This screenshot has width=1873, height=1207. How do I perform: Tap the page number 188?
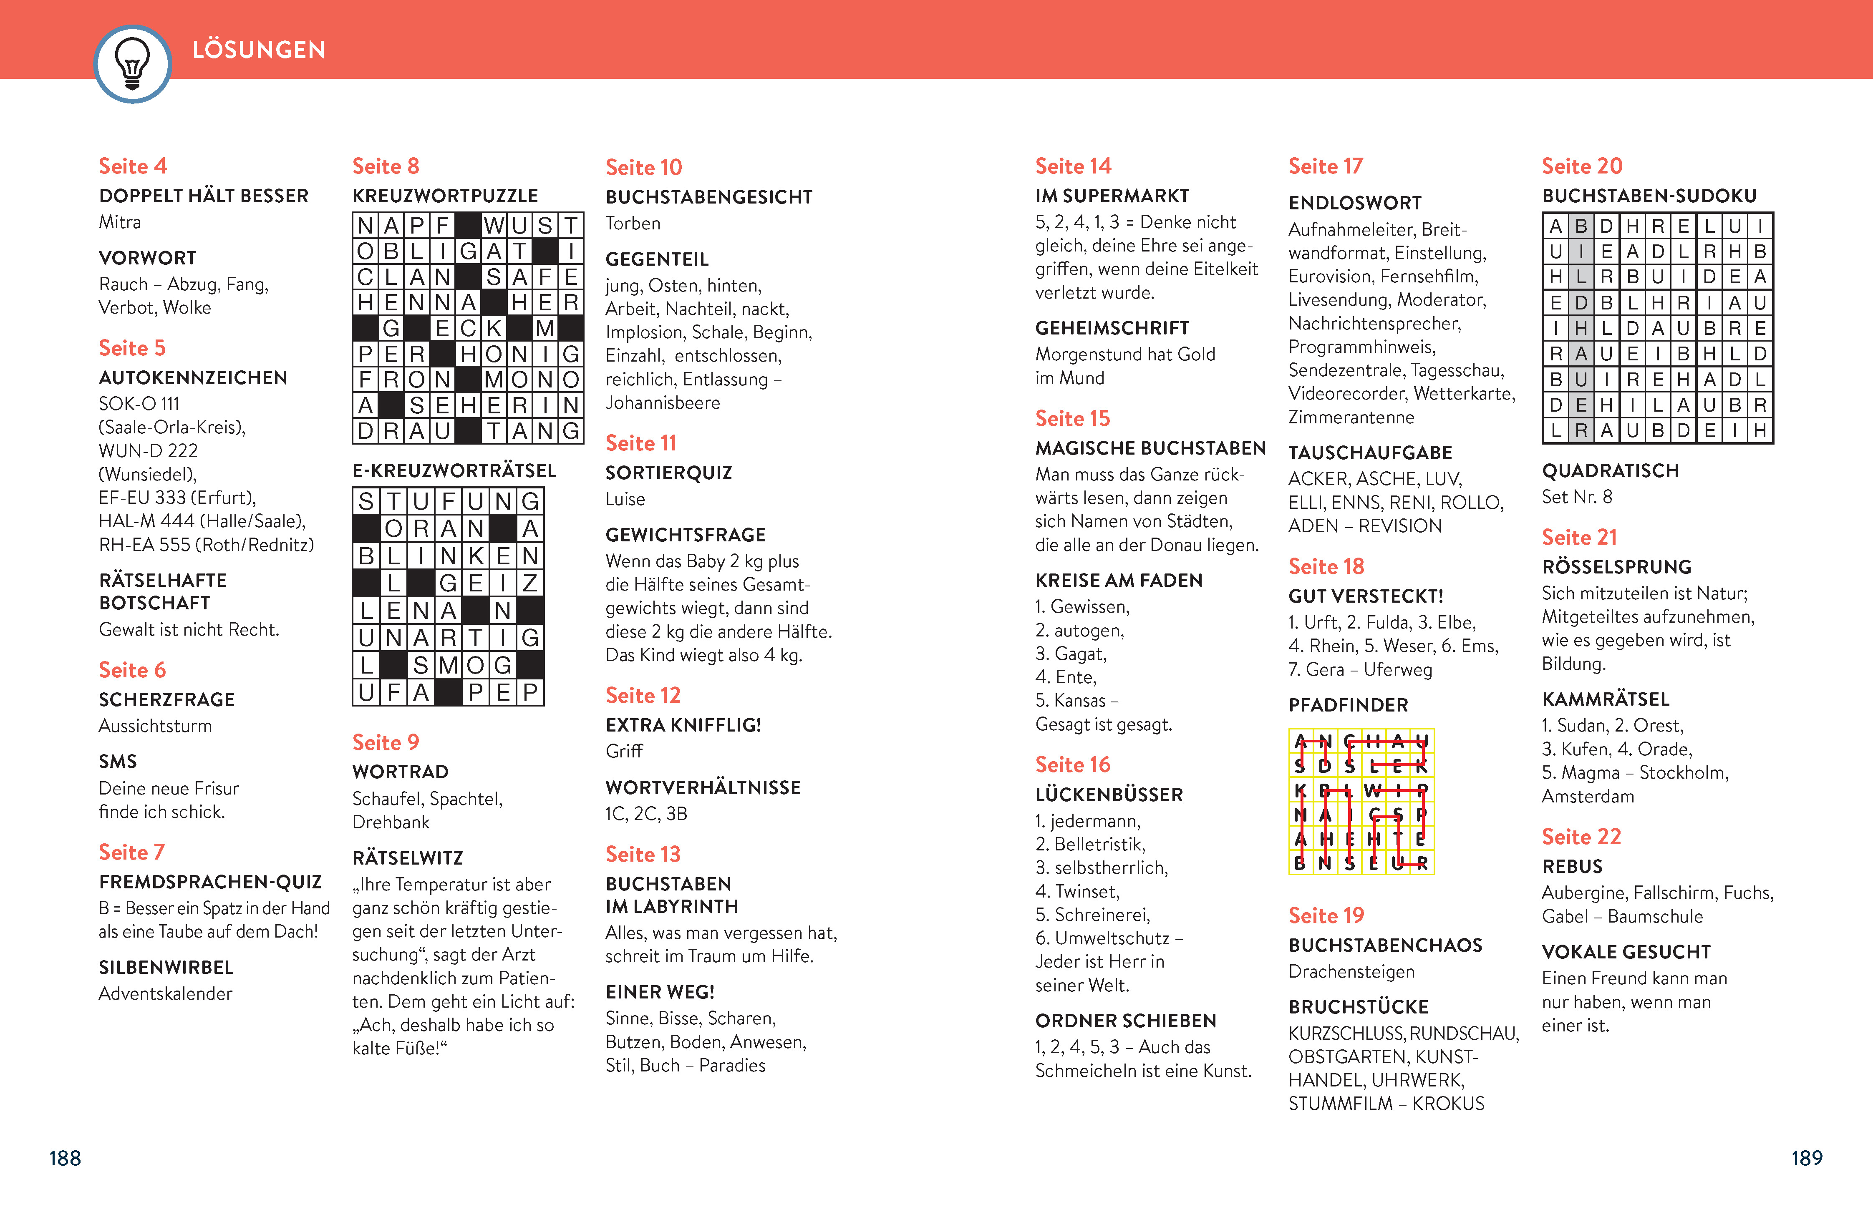(x=65, y=1158)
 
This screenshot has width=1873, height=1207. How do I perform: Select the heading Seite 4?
(x=133, y=166)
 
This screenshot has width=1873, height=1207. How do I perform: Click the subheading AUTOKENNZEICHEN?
(x=193, y=378)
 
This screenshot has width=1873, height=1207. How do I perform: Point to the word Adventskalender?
(x=165, y=994)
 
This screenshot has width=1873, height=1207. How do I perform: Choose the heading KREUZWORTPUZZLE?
(x=444, y=196)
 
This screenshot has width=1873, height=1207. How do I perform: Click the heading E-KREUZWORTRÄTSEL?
(x=454, y=470)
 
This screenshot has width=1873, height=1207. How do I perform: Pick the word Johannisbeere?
(x=663, y=403)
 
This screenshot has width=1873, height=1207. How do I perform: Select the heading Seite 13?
(x=643, y=854)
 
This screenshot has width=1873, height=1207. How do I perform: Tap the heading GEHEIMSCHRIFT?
(x=1112, y=328)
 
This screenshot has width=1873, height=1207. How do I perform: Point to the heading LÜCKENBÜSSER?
(x=1109, y=795)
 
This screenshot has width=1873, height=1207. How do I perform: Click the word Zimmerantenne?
(x=1351, y=417)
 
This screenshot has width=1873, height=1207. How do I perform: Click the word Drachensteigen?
(x=1351, y=972)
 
